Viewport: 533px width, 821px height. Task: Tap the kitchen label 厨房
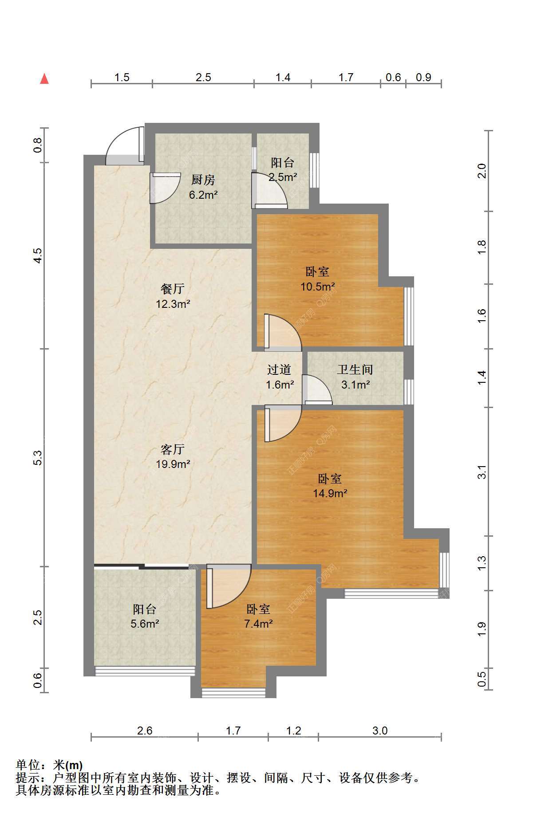click(203, 180)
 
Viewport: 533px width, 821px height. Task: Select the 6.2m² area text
click(203, 195)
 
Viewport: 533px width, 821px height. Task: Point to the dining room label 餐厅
click(173, 289)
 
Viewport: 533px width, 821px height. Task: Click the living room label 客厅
click(173, 449)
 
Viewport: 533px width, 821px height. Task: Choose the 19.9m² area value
click(173, 464)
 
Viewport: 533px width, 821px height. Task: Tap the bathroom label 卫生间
click(355, 369)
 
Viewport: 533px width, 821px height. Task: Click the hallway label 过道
click(280, 369)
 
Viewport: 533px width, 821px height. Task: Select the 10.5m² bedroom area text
click(318, 287)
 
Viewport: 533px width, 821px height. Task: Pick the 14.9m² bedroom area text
click(330, 493)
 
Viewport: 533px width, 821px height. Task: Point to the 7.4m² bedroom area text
click(258, 624)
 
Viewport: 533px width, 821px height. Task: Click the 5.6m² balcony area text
click(145, 624)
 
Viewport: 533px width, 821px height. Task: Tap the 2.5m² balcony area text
click(283, 177)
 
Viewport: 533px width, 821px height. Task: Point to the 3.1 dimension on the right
click(482, 471)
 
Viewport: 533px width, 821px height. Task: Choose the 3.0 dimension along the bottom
click(380, 731)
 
